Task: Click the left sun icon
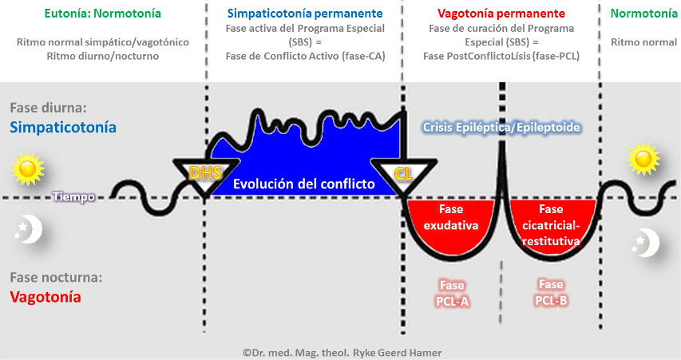(x=27, y=169)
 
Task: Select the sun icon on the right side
(x=643, y=159)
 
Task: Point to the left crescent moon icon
(x=29, y=229)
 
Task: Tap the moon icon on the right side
(x=646, y=241)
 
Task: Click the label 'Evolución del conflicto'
(x=303, y=184)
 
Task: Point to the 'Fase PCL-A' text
(x=452, y=292)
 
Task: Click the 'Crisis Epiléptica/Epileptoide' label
(x=501, y=127)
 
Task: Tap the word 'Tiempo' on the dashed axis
(x=73, y=196)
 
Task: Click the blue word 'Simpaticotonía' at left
(x=63, y=127)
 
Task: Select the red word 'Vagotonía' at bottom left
(x=46, y=297)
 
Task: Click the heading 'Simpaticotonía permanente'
(x=304, y=14)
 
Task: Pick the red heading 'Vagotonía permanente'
(x=501, y=14)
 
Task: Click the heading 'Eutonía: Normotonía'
(x=103, y=14)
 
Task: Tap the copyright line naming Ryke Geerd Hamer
(x=342, y=352)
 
